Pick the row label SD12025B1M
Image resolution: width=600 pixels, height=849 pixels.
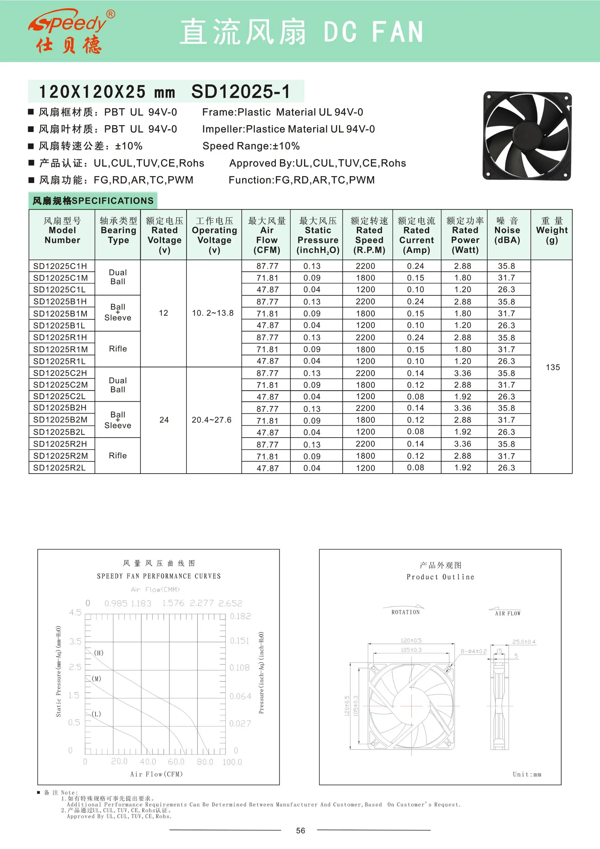click(x=60, y=314)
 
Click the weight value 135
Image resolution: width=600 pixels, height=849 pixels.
click(x=553, y=367)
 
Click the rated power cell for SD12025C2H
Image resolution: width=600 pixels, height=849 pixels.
click(x=463, y=373)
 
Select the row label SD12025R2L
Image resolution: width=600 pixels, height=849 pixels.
click(x=59, y=468)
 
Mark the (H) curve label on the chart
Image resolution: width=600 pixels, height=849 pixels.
click(x=99, y=653)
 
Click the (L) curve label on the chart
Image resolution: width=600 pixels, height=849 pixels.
click(x=96, y=714)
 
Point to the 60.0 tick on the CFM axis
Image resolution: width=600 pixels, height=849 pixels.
click(x=176, y=761)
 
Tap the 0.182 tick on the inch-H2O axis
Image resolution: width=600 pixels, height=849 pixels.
click(x=240, y=616)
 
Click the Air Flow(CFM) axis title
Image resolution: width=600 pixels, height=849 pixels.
click(x=156, y=774)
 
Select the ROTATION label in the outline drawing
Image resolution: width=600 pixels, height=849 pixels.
click(x=406, y=612)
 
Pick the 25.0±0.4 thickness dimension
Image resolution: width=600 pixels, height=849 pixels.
click(x=523, y=642)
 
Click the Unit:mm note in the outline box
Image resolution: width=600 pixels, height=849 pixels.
click(x=527, y=774)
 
